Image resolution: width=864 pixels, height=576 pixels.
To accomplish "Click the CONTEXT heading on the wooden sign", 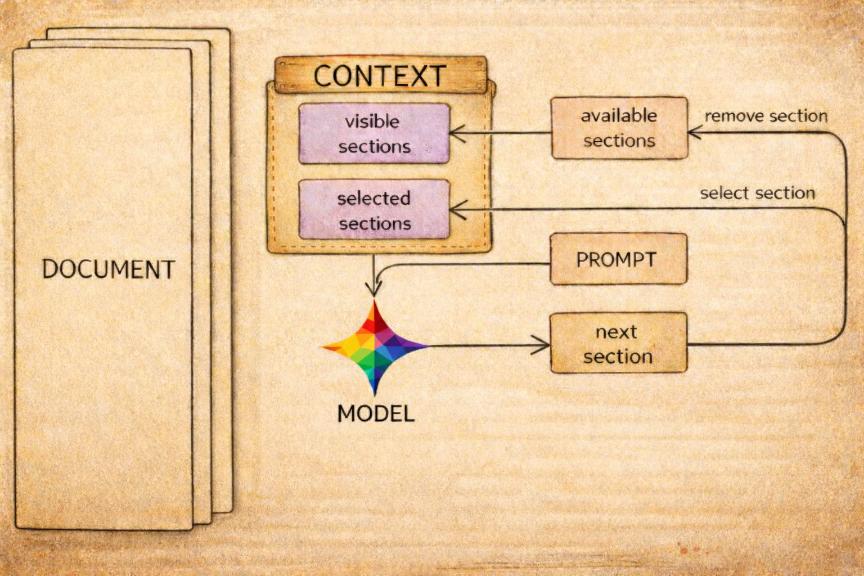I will point(380,76).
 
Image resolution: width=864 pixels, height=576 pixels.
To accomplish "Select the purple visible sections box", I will point(374,133).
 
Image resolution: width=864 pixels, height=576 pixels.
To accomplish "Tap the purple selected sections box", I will point(374,210).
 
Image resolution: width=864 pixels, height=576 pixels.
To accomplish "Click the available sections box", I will point(619,128).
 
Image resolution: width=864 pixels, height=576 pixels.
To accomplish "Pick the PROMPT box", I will point(618,259).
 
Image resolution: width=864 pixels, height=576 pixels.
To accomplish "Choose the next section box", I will point(618,343).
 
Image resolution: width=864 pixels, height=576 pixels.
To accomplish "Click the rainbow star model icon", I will point(375,346).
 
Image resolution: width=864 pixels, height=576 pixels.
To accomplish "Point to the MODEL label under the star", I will point(375,413).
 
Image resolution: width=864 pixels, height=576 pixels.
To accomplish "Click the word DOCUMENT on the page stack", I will point(108,269).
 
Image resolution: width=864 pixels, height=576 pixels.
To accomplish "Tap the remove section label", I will point(766,116).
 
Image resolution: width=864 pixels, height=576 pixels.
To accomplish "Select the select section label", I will point(757,193).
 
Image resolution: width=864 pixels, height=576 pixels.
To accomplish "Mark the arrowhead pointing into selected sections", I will point(456,210).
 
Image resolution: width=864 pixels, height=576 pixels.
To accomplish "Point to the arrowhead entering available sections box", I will point(694,133).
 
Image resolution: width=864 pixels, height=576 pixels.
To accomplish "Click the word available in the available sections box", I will point(619,116).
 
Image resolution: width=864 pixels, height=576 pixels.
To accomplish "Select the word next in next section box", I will point(616,332).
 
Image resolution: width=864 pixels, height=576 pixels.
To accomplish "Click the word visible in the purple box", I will point(372,121).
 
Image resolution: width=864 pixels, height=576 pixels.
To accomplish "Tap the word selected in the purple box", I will point(373,198).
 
